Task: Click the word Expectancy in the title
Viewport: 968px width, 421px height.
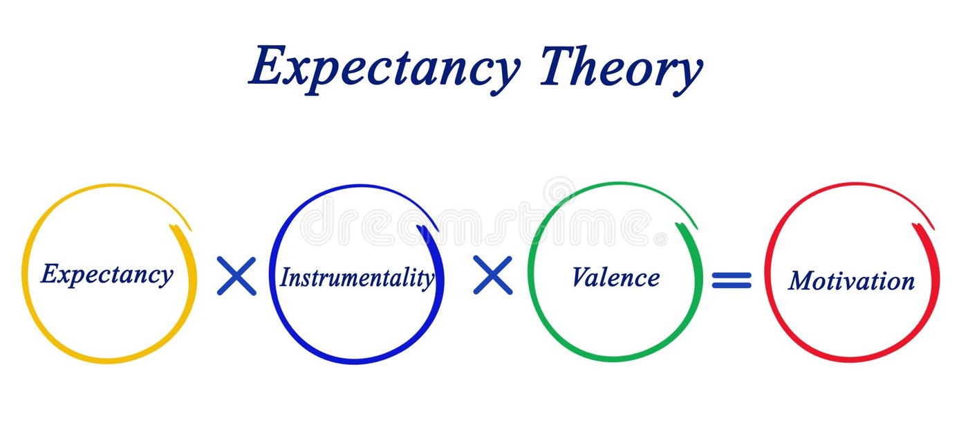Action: (384, 67)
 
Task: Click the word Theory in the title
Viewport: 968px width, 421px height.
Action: (620, 67)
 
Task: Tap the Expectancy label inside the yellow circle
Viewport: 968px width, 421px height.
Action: (106, 274)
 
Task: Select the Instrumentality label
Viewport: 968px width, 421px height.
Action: (357, 278)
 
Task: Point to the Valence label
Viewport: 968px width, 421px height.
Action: (615, 277)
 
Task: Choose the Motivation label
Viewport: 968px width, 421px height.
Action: (851, 280)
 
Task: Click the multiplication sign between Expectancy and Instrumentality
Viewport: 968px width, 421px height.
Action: (236, 276)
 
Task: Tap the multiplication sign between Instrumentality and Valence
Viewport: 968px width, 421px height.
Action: (493, 275)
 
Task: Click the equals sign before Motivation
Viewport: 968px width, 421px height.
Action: (732, 280)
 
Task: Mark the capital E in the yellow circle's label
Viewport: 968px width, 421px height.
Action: (48, 274)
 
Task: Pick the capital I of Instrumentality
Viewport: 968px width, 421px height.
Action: (284, 278)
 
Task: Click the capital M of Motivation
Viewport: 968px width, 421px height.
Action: (799, 280)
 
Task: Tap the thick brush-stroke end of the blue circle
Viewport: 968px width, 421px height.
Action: (428, 235)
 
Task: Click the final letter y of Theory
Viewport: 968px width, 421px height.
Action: (688, 75)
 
